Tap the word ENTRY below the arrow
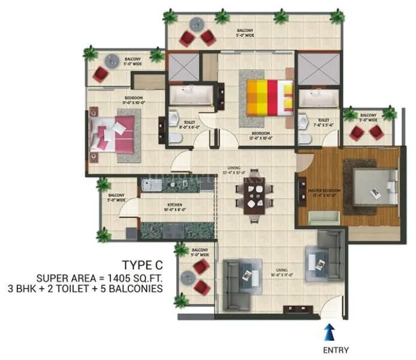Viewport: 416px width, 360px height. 335,350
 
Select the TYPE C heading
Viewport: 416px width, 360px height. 142,265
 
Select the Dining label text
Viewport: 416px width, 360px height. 234,169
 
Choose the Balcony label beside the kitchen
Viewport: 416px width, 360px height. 116,197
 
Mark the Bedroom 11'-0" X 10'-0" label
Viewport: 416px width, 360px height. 134,100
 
